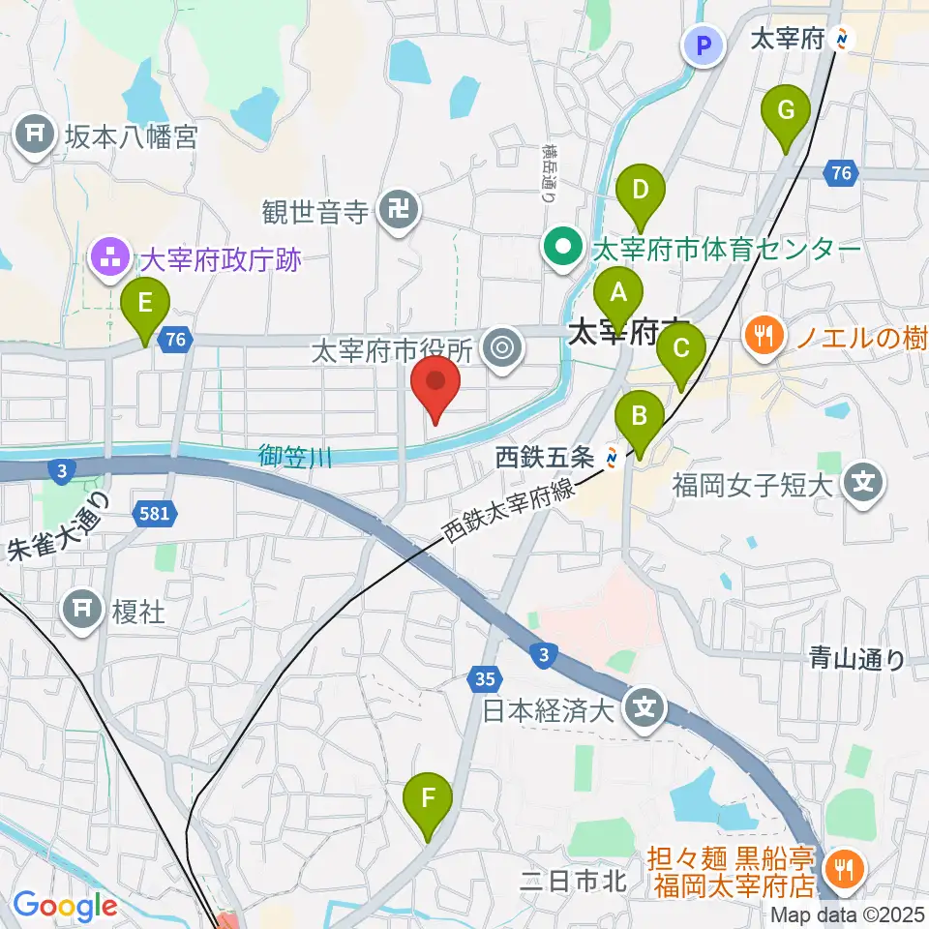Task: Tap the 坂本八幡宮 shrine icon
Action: point(36,135)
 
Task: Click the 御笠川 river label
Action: point(296,456)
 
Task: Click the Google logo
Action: point(65,907)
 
